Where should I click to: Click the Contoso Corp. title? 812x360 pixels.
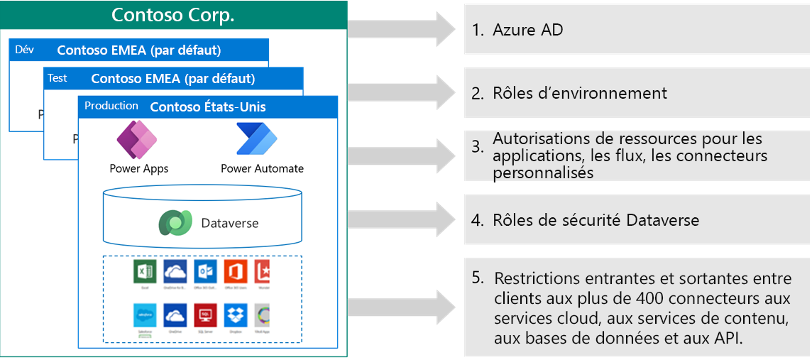[x=173, y=14]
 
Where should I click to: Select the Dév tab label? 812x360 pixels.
[x=25, y=50]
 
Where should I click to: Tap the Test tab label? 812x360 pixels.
[x=57, y=78]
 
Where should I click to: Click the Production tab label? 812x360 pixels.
[x=111, y=106]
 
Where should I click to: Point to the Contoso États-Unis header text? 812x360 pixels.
[x=208, y=107]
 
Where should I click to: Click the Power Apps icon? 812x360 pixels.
[x=138, y=141]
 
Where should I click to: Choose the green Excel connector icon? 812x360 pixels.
[x=144, y=272]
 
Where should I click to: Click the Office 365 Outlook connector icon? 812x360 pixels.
[x=205, y=272]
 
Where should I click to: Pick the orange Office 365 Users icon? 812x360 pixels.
[x=235, y=272]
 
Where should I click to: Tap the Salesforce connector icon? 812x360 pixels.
[x=144, y=315]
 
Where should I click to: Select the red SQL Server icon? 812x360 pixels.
[x=205, y=315]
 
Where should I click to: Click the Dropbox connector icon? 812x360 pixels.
[x=235, y=315]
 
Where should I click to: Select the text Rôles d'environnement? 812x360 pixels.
[x=580, y=93]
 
